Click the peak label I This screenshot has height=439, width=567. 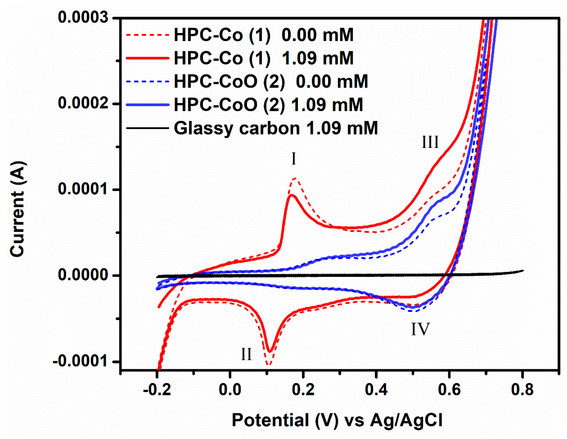pos(294,159)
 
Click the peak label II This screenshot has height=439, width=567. pos(246,354)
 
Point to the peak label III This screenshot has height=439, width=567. pos(430,142)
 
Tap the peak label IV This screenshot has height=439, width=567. pos(420,329)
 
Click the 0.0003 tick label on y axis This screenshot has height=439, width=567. pos(83,18)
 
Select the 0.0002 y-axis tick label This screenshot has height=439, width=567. pos(83,103)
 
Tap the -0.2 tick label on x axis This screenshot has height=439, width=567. pos(157,390)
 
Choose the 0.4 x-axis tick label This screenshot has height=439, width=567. pos(376,390)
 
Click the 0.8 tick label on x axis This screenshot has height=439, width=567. pos(522,390)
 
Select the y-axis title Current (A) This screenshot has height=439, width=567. pos(17,209)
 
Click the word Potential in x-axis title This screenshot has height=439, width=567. pos(270,420)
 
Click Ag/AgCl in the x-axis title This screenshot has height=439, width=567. pos(406,420)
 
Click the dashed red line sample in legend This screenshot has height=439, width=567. pos(147,35)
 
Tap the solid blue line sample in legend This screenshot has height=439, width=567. pos(147,105)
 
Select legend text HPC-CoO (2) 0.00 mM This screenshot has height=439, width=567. pos(271,81)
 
